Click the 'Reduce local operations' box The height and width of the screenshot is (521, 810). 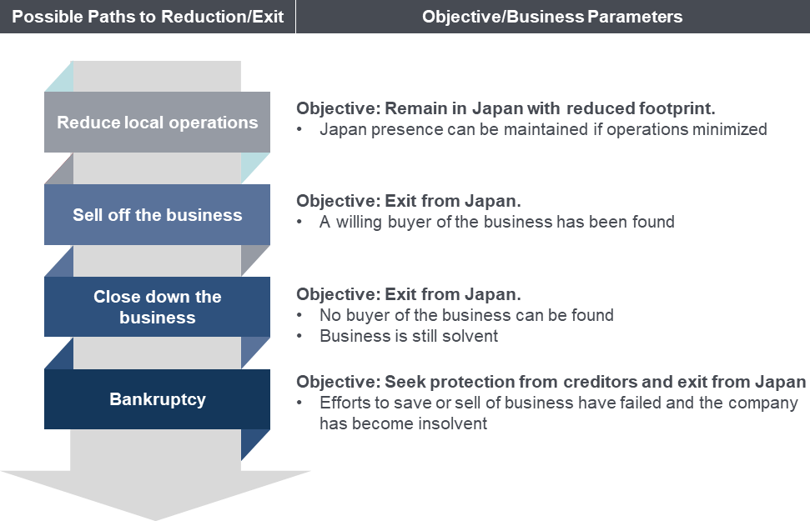click(157, 123)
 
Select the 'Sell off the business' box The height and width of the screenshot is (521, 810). click(157, 215)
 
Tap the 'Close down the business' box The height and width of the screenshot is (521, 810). click(157, 307)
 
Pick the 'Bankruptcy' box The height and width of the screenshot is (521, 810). click(157, 399)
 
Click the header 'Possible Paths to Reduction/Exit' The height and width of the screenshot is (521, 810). click(148, 17)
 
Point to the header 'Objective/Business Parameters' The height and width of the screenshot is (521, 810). click(552, 17)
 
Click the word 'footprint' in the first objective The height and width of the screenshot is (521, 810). click(682, 108)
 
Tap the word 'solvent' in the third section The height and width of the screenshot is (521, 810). click(473, 336)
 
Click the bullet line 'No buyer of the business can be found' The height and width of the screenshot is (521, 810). click(466, 315)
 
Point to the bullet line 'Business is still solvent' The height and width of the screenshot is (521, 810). click(409, 336)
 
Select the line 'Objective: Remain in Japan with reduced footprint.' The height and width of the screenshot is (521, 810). click(506, 108)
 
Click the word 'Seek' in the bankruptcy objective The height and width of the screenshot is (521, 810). click(403, 382)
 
